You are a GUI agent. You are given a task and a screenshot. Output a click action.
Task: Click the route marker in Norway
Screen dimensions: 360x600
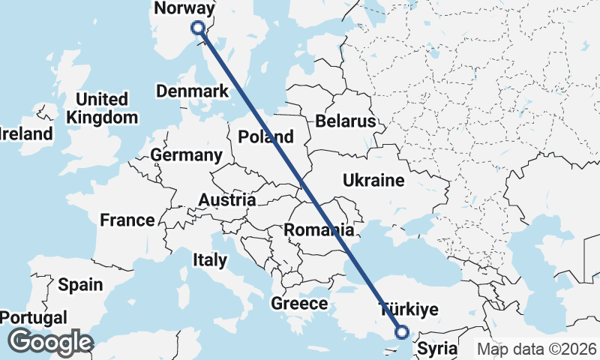coord(198,28)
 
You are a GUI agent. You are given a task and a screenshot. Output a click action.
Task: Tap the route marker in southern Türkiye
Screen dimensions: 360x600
coord(402,331)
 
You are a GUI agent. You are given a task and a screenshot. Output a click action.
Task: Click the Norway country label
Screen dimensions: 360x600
coord(183,8)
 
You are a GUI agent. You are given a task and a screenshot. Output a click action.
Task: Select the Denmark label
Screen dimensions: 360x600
coord(192,91)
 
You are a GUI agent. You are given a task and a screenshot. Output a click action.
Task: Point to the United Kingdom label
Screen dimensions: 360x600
coord(102,108)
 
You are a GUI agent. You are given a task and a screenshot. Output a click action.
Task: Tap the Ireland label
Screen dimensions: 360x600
coord(26,134)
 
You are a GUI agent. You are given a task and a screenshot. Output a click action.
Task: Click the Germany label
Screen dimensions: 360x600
coord(187,155)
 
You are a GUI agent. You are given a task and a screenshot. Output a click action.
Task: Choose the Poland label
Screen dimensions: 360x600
coord(265,136)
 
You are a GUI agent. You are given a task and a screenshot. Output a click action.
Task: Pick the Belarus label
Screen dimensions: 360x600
coord(345,121)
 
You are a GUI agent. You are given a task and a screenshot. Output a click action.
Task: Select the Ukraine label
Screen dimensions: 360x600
coord(373,180)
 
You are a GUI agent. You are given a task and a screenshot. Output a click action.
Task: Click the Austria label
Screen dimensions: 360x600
coord(227,200)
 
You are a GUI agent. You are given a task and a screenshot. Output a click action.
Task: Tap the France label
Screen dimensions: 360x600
coord(127,220)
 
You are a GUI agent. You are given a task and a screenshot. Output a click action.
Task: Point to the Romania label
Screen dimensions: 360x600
coord(319,229)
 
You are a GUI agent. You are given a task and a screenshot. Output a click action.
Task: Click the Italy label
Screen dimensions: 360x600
coord(210,260)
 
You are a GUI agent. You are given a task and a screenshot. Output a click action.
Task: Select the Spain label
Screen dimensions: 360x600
coord(80,284)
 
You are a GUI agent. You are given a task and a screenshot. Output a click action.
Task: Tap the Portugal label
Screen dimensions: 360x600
coord(33,317)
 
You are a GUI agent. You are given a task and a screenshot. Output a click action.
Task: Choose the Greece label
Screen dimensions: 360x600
coord(299,303)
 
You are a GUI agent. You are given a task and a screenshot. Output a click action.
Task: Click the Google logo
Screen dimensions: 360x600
coord(50,342)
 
